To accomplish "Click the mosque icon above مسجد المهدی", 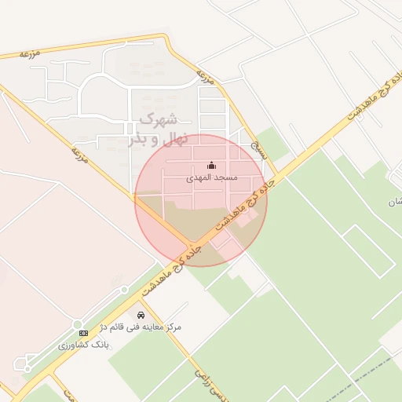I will [x=210, y=165].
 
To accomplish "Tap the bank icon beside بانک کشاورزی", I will [x=83, y=334].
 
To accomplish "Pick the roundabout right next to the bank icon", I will [x=77, y=325].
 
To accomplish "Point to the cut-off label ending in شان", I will [x=394, y=203].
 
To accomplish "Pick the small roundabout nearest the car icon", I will [x=124, y=290].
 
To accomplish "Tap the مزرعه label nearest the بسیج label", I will [x=206, y=79].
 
